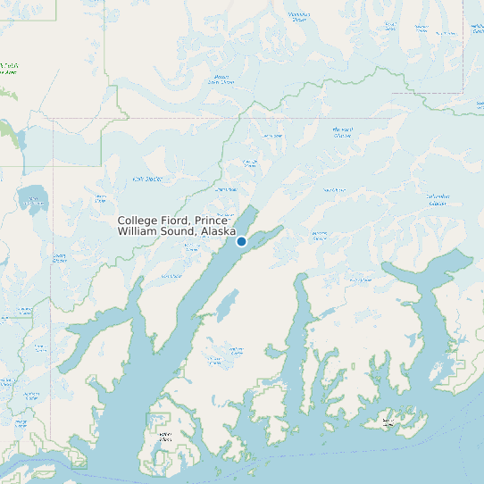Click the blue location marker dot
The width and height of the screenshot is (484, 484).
click(x=241, y=241)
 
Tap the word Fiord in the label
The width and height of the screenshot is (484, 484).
click(x=176, y=221)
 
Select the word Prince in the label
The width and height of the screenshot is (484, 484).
click(x=212, y=221)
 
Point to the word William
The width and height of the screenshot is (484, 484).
click(x=138, y=231)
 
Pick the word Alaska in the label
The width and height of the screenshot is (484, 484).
click(x=219, y=231)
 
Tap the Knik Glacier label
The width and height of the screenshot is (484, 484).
click(x=145, y=179)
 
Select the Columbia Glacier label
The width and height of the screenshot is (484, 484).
click(x=437, y=200)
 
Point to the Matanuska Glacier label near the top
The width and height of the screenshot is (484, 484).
click(x=297, y=17)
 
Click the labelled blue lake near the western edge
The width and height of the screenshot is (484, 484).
click(x=33, y=197)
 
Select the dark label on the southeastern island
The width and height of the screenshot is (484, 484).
click(x=388, y=421)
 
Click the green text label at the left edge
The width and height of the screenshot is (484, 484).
click(x=9, y=68)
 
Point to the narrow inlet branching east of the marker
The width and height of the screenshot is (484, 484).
click(x=268, y=233)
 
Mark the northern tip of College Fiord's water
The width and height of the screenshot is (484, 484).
click(x=254, y=208)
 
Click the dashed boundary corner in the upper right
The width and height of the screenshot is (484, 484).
click(x=463, y=92)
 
